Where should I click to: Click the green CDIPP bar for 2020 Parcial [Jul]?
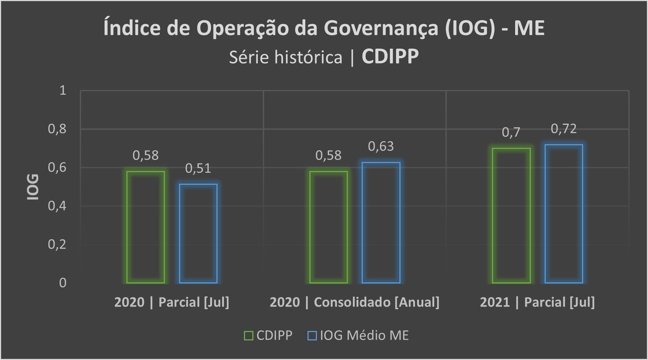(x=146, y=227)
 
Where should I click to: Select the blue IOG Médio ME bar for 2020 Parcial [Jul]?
(x=198, y=234)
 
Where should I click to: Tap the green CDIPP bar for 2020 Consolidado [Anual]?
(x=329, y=227)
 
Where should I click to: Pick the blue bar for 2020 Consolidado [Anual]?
(x=381, y=222)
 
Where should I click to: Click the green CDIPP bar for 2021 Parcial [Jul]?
(x=511, y=216)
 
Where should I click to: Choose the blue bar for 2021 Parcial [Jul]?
(x=564, y=214)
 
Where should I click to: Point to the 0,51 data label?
(x=198, y=168)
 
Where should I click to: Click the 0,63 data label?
(x=381, y=146)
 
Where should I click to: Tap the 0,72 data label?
(x=564, y=129)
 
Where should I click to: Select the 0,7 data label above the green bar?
(x=511, y=132)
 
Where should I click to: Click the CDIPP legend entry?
(x=269, y=335)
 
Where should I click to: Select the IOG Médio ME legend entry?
(x=358, y=335)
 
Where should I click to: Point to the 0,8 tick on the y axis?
(x=57, y=129)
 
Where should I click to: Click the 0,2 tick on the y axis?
(x=57, y=244)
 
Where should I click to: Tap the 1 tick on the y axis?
(x=63, y=90)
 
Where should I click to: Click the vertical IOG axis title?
(x=33, y=187)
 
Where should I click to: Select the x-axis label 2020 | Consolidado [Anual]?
(x=354, y=302)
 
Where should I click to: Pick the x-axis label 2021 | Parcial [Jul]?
(x=537, y=302)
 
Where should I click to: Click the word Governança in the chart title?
(x=381, y=28)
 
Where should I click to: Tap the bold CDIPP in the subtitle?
(x=390, y=57)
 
